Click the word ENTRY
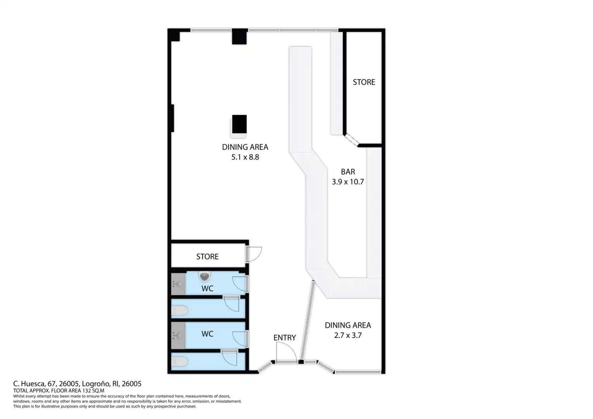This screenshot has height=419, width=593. tap(284, 338)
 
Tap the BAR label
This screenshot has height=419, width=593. tap(348, 172)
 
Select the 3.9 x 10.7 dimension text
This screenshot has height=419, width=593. tap(348, 182)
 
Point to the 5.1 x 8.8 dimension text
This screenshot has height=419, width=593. tap(245, 157)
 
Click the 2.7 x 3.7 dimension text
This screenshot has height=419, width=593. tap(348, 335)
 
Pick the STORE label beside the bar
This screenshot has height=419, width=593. tap(364, 82)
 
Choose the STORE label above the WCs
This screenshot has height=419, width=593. tap(207, 256)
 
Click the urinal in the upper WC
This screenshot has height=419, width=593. tap(205, 277)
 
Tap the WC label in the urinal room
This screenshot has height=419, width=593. tap(207, 289)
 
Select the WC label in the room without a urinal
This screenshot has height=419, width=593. tap(207, 334)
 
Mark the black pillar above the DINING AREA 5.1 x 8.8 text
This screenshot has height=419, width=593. tap(239, 124)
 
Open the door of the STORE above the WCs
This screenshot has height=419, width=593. tap(254, 255)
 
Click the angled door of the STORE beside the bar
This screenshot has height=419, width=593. tap(351, 140)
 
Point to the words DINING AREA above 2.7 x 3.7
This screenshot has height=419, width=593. tap(348, 325)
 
